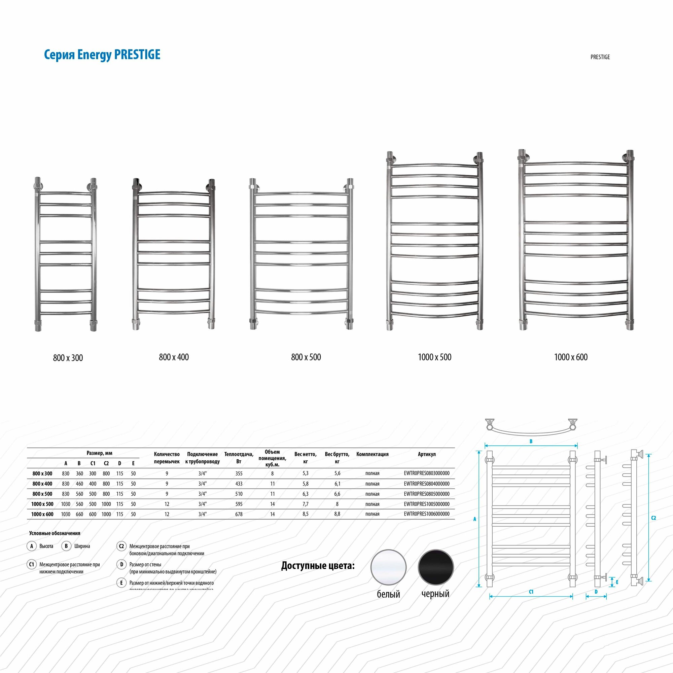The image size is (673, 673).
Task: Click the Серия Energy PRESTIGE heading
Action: [x=102, y=55]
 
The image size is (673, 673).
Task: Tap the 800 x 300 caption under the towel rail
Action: [x=68, y=358]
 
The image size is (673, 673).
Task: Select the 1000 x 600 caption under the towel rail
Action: [x=571, y=357]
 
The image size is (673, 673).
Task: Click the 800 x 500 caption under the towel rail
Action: [x=306, y=357]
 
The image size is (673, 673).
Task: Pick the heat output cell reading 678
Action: [x=239, y=514]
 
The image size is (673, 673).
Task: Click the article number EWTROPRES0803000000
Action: [x=426, y=473]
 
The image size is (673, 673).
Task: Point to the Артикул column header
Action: [x=426, y=454]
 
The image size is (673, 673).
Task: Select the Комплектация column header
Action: [x=372, y=454]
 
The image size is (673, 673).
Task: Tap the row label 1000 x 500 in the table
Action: [x=42, y=504]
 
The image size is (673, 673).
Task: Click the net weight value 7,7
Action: [x=305, y=504]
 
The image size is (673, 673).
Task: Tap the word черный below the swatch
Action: [x=435, y=594]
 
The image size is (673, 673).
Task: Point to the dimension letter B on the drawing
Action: [x=531, y=441]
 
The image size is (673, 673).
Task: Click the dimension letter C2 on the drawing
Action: [x=653, y=518]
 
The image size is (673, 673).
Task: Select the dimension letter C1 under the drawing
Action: [x=531, y=592]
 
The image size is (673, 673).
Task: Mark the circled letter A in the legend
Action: [x=32, y=546]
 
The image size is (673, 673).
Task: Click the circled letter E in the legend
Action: [x=121, y=583]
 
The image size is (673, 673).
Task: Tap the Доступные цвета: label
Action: [x=318, y=566]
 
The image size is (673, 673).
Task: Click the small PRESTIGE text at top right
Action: [x=600, y=57]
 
